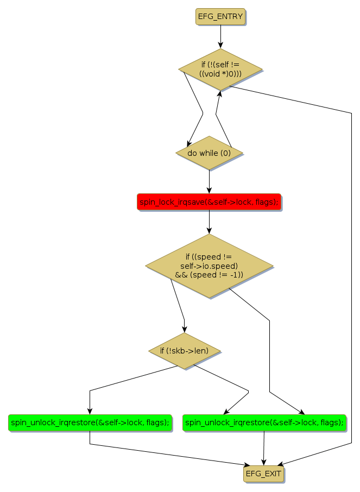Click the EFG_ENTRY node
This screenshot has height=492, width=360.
pos(220,16)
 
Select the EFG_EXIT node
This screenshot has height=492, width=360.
pos(263,474)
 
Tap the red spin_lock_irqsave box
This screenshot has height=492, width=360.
pos(209,202)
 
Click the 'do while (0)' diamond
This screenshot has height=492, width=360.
pos(209,153)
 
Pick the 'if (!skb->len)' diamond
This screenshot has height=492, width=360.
pos(185,351)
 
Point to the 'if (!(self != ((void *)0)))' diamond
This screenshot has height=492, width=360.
pos(220,69)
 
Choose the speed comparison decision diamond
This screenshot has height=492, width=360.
pos(209,266)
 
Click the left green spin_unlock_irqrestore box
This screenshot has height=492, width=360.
pos(90,422)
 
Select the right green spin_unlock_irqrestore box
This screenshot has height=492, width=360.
pos(264,422)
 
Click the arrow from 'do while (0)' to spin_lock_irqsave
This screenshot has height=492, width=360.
pos(209,181)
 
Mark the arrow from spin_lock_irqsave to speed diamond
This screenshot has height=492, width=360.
pos(209,222)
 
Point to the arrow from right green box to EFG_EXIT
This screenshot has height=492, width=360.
pos(263,449)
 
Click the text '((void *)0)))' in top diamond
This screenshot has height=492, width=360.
pos(220,74)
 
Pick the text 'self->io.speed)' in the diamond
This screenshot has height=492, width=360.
pos(209,266)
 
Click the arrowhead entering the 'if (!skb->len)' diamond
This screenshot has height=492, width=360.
pos(185,329)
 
